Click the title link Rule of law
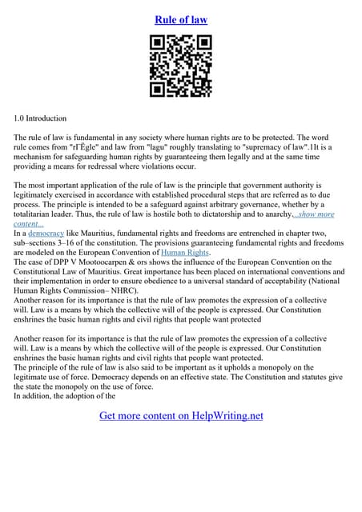(x=180, y=19)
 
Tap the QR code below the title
(x=181, y=66)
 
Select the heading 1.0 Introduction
(x=45, y=118)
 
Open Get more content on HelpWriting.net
(x=181, y=415)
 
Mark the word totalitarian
(x=39, y=205)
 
